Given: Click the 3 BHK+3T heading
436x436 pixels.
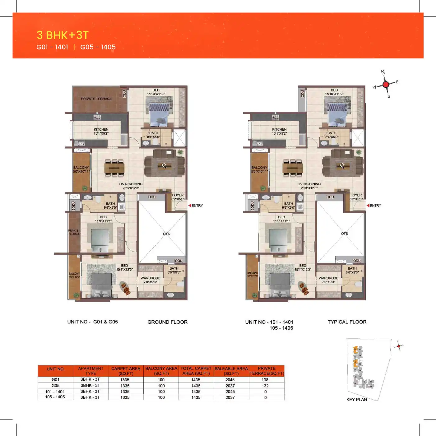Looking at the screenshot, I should [x=63, y=35].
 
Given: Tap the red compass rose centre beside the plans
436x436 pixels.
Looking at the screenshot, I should [x=386, y=84].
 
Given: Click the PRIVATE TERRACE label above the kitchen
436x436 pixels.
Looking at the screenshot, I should [x=96, y=99].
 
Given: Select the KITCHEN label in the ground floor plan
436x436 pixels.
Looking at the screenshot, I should [x=101, y=130].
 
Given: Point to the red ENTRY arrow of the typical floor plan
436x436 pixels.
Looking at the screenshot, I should [x=368, y=206].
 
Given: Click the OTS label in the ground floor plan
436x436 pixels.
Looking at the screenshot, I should [x=166, y=234].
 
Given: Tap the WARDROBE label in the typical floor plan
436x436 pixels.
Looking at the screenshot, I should [x=328, y=278].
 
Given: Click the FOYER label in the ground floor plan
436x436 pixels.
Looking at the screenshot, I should [x=178, y=195].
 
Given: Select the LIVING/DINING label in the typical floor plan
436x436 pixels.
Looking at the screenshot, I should [x=309, y=184].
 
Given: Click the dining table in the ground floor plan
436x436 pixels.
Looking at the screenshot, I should [x=114, y=168].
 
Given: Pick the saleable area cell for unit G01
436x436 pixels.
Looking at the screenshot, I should [x=230, y=380].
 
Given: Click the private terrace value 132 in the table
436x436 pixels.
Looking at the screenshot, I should [x=265, y=386].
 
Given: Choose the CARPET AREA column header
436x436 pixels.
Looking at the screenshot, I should [x=126, y=371].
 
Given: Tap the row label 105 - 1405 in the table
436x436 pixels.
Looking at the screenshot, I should [x=55, y=397].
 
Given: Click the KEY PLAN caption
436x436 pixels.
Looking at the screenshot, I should [x=356, y=400].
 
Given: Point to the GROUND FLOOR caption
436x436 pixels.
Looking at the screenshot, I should [x=167, y=322].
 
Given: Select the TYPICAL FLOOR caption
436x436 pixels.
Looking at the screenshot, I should [x=347, y=322].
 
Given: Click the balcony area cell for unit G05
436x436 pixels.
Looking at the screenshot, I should [x=161, y=386].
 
